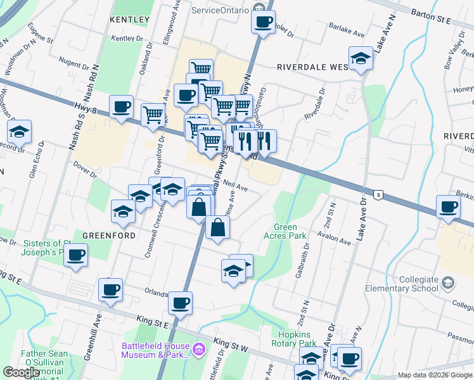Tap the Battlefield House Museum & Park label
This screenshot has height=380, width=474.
[x=155, y=350]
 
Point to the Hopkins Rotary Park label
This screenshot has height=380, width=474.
[x=298, y=339]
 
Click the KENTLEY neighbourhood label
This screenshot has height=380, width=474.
[x=129, y=20]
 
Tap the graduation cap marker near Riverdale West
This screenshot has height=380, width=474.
[x=361, y=59]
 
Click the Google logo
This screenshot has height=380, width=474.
[x=21, y=372]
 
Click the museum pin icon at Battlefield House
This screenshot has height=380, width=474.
[x=198, y=348]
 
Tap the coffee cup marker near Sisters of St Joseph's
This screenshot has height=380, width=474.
[x=76, y=255]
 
